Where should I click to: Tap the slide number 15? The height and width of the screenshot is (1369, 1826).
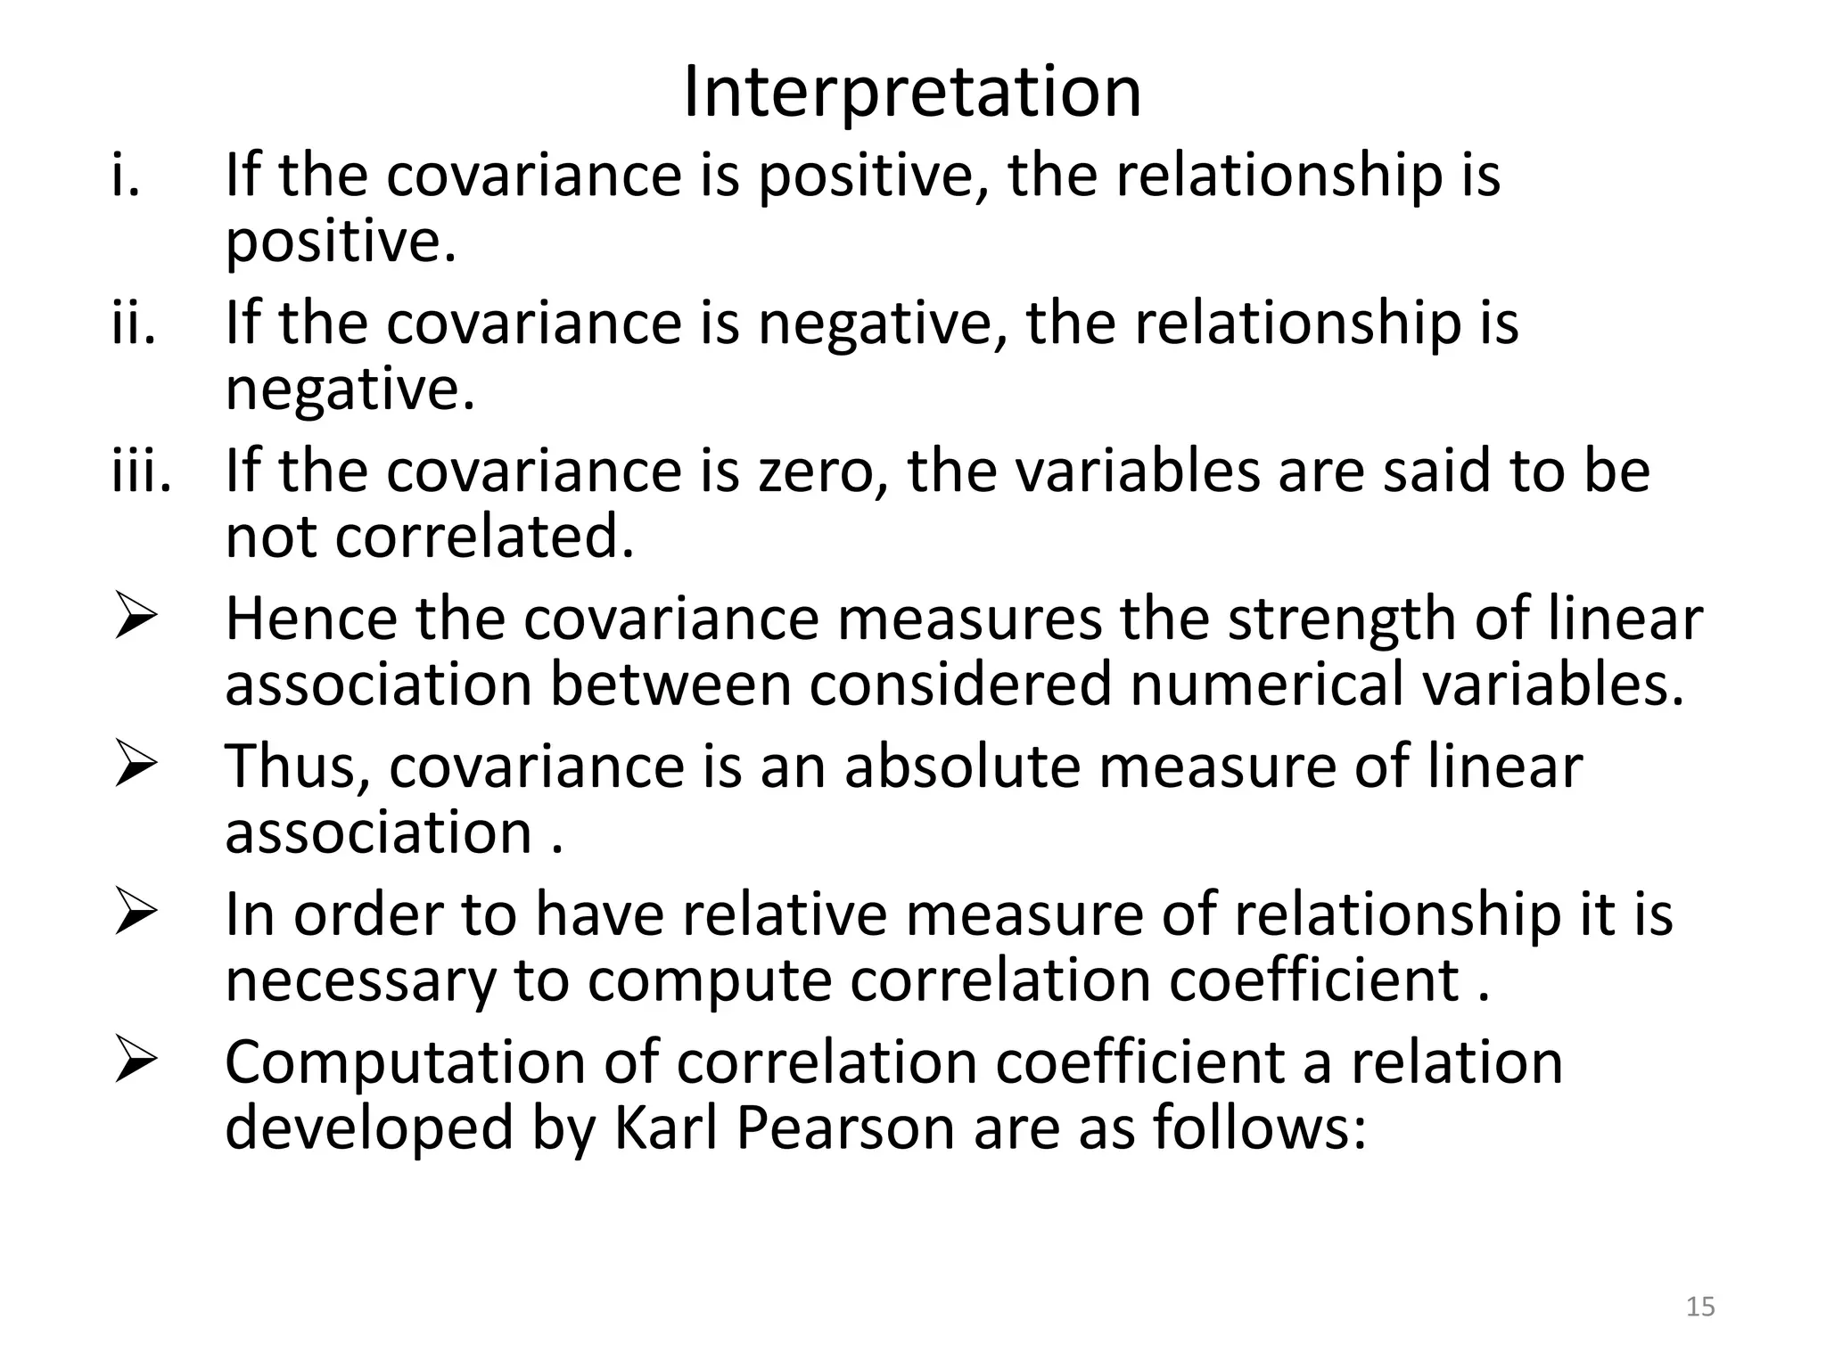point(1700,1307)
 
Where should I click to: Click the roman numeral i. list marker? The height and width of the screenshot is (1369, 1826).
point(126,175)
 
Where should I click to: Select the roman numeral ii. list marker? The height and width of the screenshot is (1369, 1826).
point(134,323)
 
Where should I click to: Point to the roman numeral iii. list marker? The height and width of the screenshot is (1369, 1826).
point(141,471)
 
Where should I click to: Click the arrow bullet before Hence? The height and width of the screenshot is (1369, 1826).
point(136,619)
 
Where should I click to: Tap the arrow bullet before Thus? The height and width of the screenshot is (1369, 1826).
point(136,766)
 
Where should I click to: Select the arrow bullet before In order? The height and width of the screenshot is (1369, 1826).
point(136,914)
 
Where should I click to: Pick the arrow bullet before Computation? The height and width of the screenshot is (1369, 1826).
point(136,1062)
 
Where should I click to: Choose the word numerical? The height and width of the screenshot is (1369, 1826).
point(1266,684)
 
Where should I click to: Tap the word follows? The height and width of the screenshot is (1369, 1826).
point(1258,1127)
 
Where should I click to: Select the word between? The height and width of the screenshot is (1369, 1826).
point(670,684)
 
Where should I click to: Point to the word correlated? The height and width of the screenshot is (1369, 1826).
point(484,537)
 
